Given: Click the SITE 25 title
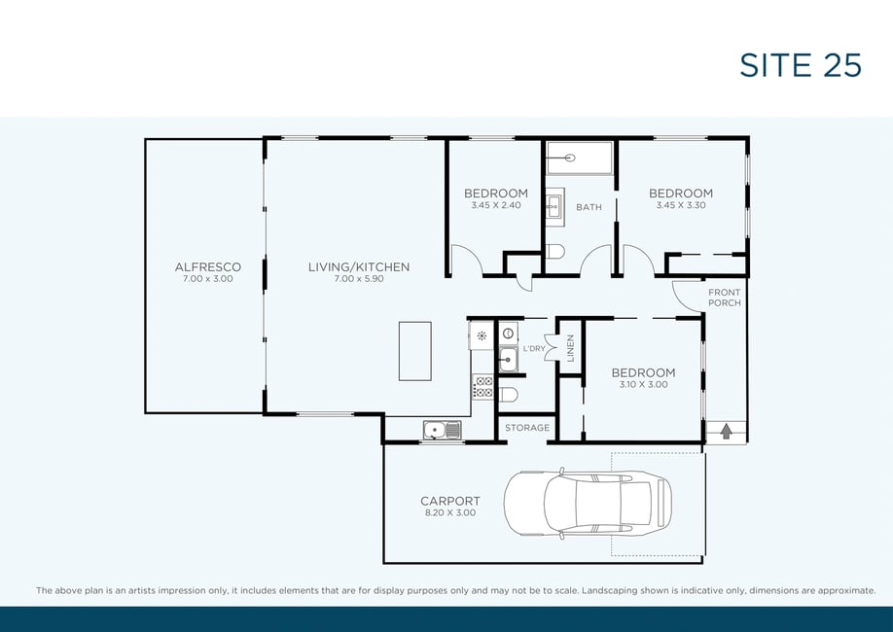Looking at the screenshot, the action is click(801, 65).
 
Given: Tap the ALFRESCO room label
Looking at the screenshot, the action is click(208, 266).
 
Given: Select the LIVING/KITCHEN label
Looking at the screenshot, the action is click(359, 266).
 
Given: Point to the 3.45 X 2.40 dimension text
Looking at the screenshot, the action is click(495, 205).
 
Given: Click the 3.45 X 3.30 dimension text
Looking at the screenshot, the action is click(681, 205).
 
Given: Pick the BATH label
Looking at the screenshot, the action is click(589, 207).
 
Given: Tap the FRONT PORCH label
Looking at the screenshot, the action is click(725, 298).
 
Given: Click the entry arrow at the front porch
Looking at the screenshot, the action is click(726, 432).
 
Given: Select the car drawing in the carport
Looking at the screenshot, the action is click(588, 504).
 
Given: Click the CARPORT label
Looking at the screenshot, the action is click(450, 501).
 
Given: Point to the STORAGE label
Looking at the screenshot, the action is click(527, 428).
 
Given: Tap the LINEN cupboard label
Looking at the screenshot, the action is click(571, 348).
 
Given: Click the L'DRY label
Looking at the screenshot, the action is click(534, 348).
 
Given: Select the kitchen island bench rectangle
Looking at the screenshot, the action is click(415, 351).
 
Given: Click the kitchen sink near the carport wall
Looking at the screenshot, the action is click(442, 430).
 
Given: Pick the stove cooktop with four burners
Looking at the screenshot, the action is click(482, 387).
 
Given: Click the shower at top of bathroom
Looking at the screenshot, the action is click(580, 158).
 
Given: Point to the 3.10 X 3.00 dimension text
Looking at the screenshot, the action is click(644, 384).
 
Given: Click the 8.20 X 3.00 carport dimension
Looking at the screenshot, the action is click(450, 512).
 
